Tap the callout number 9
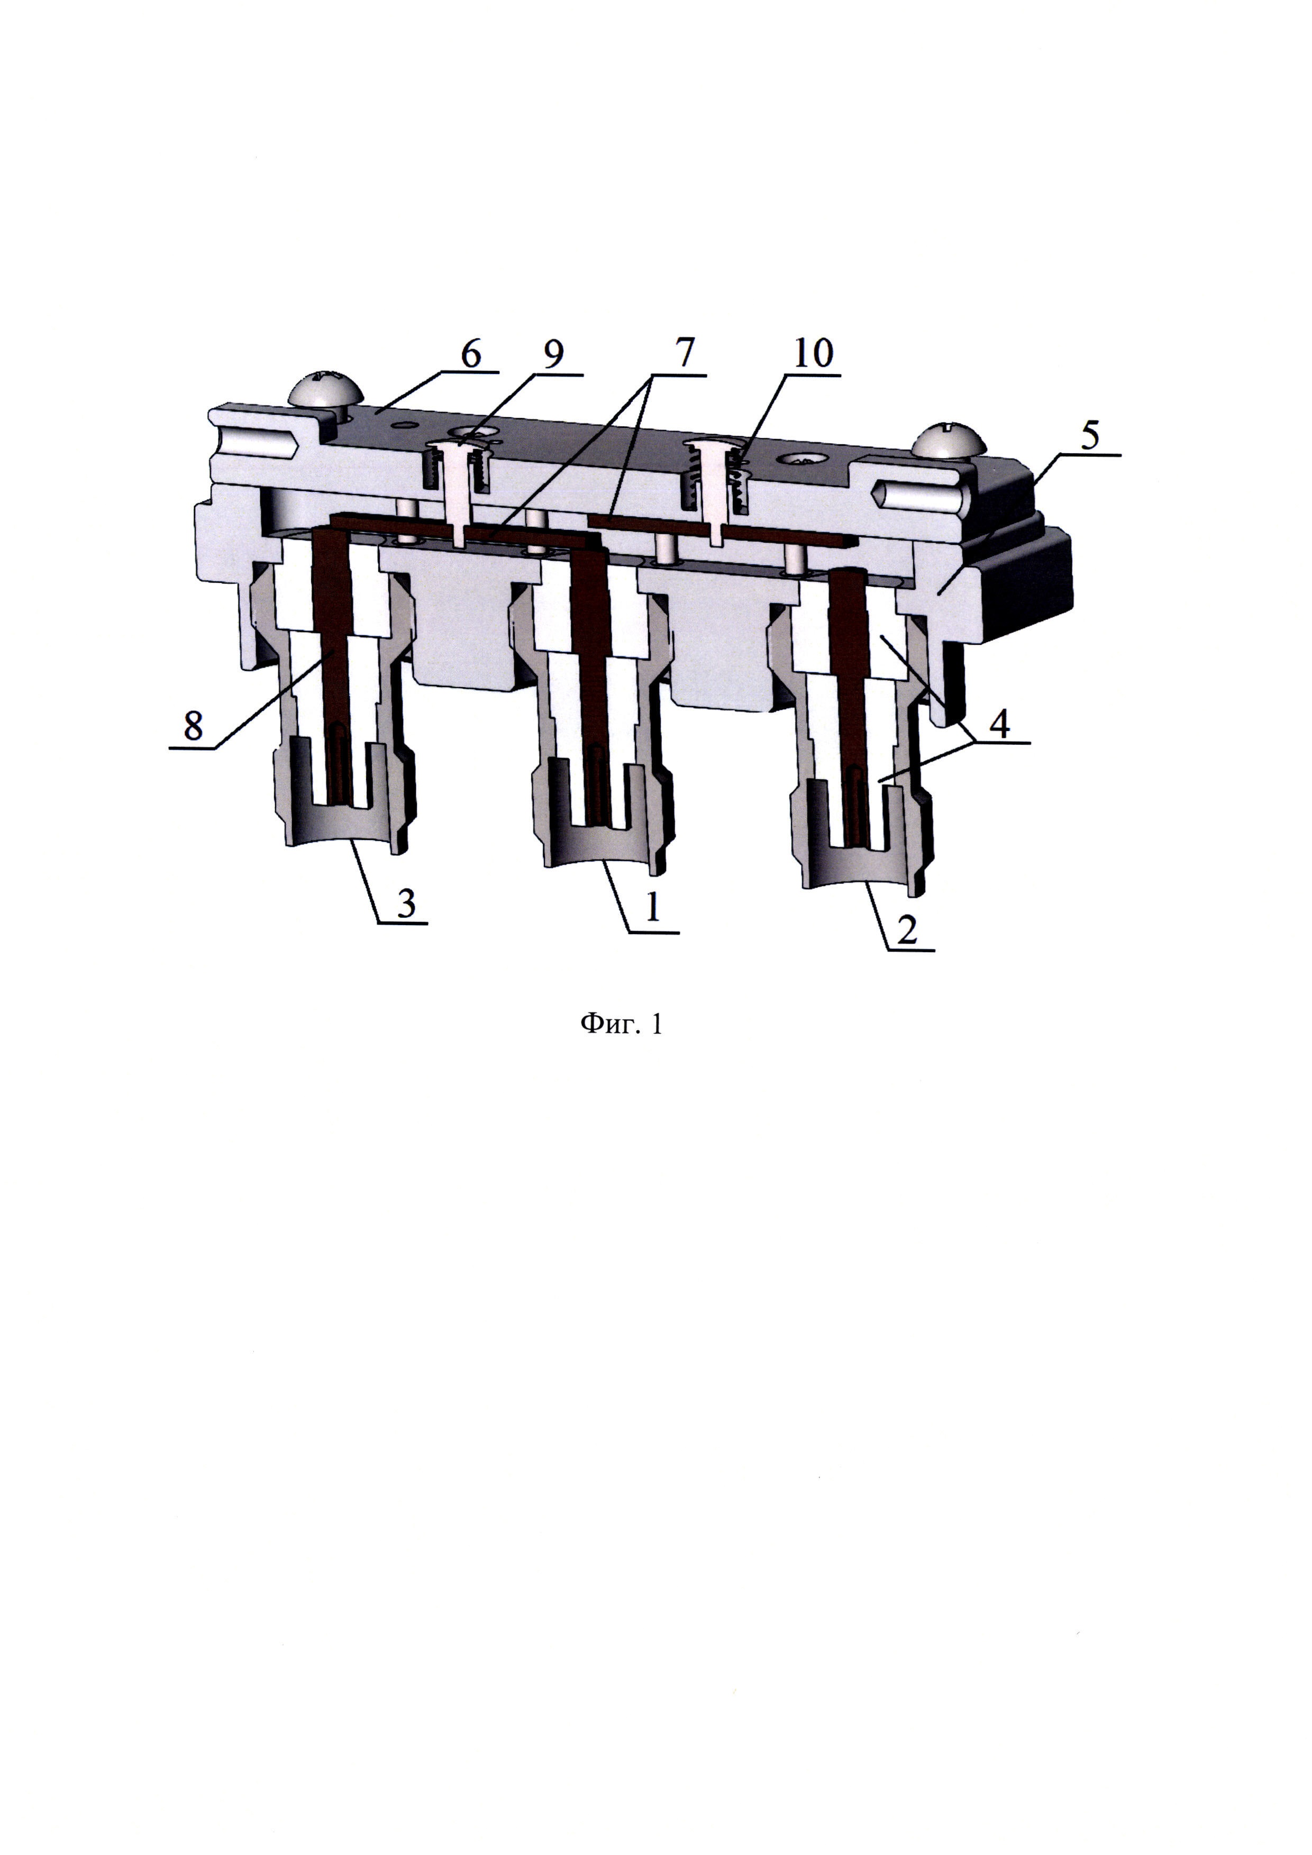pyautogui.click(x=553, y=355)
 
